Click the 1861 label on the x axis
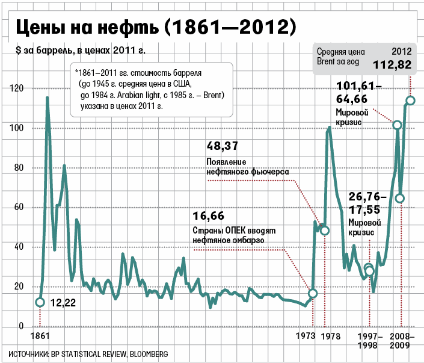[x=39, y=335]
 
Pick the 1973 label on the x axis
[x=307, y=335]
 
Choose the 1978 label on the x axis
[x=330, y=335]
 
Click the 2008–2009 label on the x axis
[x=400, y=340]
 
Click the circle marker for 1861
[x=40, y=302]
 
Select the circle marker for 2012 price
[x=410, y=101]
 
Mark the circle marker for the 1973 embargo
[x=312, y=293]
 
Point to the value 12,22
[x=63, y=303]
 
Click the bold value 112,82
[x=392, y=64]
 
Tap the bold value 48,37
[x=222, y=146]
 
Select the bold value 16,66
[x=209, y=216]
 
